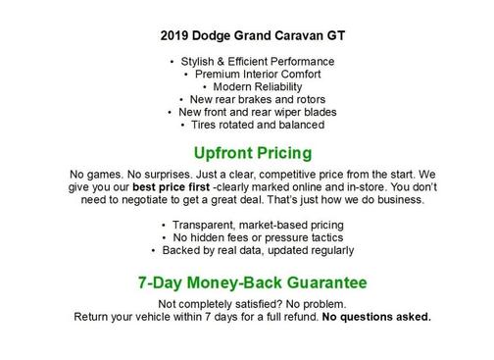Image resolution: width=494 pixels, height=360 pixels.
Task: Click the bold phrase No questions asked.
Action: tap(377, 317)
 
